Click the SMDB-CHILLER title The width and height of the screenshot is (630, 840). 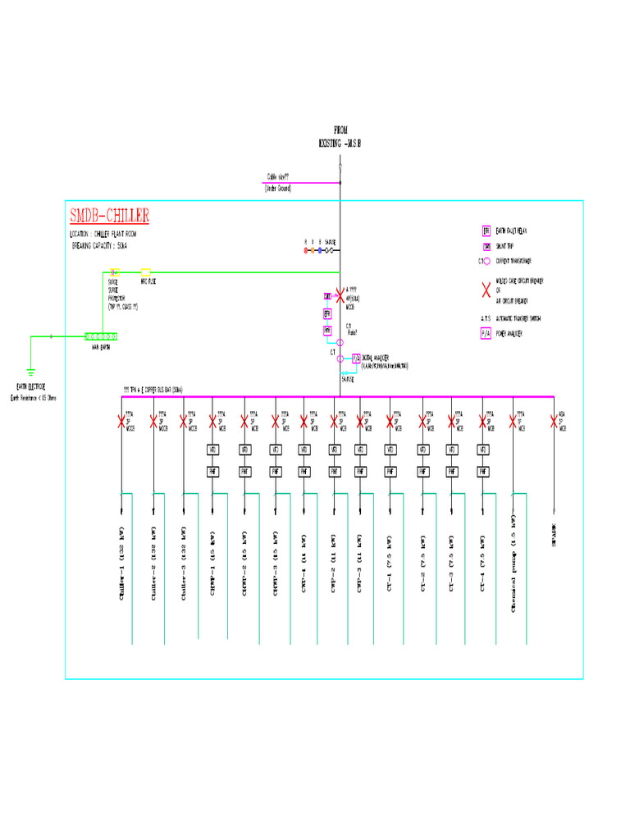(x=109, y=217)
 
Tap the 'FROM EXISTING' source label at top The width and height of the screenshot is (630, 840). (x=340, y=136)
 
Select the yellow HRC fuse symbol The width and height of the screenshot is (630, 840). (x=146, y=272)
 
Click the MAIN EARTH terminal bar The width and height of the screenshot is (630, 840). (x=102, y=336)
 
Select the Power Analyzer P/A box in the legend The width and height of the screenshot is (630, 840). (x=486, y=334)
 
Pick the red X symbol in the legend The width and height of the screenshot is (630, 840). (x=486, y=285)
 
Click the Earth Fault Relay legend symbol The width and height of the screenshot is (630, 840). (x=486, y=231)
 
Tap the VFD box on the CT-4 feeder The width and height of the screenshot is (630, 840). (x=483, y=450)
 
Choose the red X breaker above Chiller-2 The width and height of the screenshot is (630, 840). (x=153, y=422)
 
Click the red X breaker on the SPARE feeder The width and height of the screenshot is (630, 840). (x=554, y=422)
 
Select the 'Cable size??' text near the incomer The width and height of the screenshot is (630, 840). (x=277, y=176)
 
